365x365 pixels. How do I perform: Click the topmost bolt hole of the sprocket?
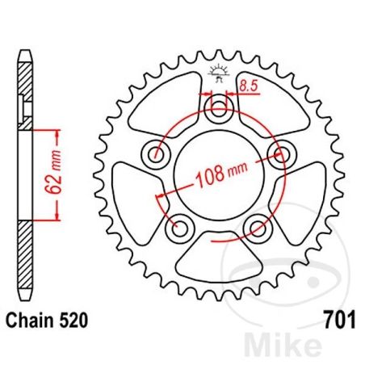(x=219, y=110)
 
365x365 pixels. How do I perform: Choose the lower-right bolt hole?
(x=258, y=229)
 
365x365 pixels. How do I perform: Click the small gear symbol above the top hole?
(x=219, y=73)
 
